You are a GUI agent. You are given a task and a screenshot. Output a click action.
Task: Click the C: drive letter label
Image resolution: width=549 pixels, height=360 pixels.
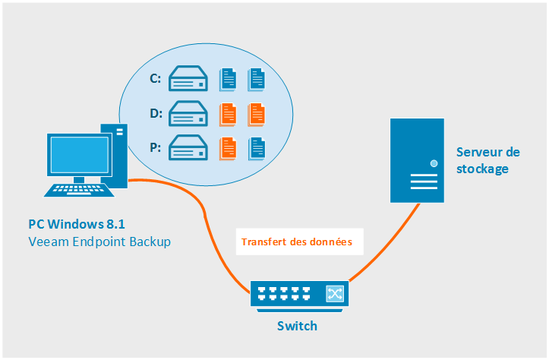click(x=155, y=78)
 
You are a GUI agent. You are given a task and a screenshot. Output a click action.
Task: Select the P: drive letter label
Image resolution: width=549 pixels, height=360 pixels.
click(x=155, y=147)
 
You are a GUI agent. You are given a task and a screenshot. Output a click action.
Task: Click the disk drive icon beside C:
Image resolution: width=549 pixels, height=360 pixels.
click(x=189, y=78)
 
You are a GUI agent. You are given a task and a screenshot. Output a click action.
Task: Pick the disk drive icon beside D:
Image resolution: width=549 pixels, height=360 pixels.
click(x=189, y=114)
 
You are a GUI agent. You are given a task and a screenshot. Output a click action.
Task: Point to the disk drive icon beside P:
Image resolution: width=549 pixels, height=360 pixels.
click(x=189, y=147)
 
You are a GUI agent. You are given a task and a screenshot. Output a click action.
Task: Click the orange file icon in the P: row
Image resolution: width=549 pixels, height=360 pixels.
click(x=228, y=147)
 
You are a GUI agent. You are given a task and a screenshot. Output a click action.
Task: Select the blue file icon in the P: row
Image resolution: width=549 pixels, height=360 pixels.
click(x=257, y=147)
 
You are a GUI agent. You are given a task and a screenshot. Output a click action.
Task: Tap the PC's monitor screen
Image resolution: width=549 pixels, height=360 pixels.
click(x=77, y=156)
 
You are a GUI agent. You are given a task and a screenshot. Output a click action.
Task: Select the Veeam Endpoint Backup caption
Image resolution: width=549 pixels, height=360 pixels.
click(x=99, y=242)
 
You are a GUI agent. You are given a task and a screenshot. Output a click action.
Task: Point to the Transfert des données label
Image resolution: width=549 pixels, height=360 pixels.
click(x=297, y=243)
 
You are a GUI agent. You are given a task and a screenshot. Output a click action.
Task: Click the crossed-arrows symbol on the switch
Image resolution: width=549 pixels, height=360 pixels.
click(x=334, y=293)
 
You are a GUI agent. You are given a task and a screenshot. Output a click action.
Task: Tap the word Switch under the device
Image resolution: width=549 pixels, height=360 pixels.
click(x=296, y=327)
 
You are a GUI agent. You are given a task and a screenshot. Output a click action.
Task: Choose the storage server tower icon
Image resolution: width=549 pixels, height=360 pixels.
click(x=417, y=159)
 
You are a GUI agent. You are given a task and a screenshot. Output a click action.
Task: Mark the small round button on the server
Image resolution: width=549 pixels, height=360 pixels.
click(x=434, y=163)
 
